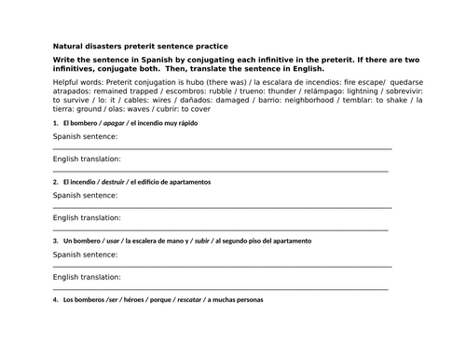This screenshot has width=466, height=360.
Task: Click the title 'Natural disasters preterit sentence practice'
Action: (140, 46)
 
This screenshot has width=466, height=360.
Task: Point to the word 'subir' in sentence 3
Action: (198, 241)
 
